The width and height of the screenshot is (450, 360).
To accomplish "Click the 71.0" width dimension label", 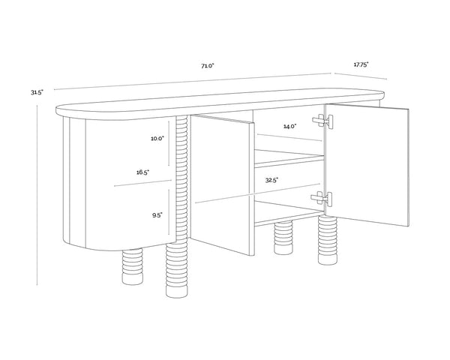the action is (x=208, y=66).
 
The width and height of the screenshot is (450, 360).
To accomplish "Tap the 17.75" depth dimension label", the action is (x=361, y=65).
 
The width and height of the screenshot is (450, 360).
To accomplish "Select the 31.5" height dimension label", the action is (x=37, y=92).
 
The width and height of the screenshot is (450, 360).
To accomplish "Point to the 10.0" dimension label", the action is (x=157, y=139).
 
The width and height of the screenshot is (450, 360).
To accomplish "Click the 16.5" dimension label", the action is (x=142, y=172).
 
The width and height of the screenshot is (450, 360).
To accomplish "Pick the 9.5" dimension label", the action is (x=157, y=215).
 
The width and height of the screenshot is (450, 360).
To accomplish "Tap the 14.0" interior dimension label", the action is (x=289, y=126).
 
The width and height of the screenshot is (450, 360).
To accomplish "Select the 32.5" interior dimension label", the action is (x=271, y=180).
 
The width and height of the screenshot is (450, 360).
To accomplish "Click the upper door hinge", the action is (x=322, y=121).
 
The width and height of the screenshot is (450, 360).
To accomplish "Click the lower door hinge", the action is (x=322, y=198).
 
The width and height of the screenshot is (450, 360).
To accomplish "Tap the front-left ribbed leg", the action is (x=132, y=266).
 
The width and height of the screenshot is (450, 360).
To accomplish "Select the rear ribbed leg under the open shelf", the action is (x=283, y=238).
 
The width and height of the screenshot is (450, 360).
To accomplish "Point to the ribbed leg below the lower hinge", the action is (x=328, y=240).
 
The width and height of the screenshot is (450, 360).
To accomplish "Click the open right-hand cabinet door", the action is (x=367, y=165).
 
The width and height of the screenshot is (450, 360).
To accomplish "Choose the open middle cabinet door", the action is (x=223, y=185).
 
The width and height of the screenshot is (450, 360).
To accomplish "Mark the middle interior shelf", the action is (x=289, y=157).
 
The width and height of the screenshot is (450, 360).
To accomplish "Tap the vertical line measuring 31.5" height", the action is (x=37, y=195).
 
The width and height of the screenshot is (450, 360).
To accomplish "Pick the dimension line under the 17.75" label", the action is (x=361, y=76).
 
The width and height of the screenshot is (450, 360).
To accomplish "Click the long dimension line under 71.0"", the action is (x=193, y=82).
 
